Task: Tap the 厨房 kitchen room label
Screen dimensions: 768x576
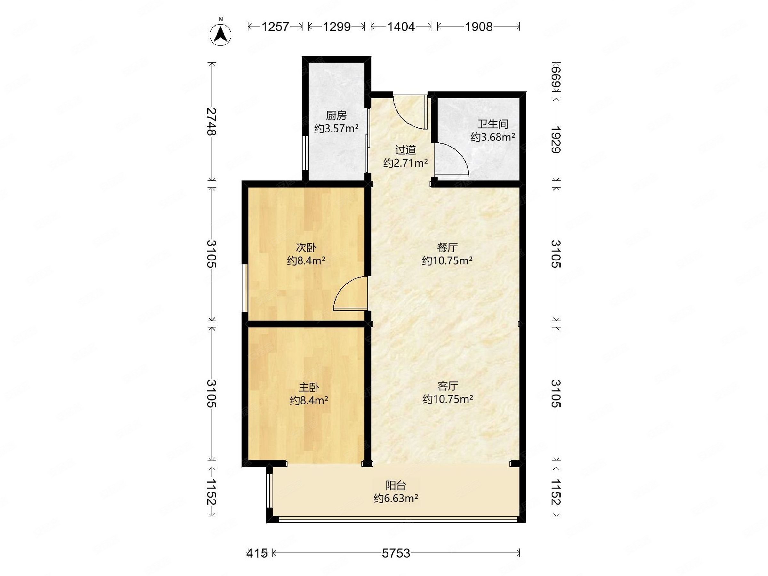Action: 336,115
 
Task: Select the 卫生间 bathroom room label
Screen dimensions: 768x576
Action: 493,124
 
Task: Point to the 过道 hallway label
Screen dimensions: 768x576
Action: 405,150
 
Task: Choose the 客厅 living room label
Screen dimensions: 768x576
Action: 448,386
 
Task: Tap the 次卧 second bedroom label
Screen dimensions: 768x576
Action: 306,248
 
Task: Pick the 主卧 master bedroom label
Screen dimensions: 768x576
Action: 309,387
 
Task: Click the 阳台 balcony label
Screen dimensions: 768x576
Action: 396,485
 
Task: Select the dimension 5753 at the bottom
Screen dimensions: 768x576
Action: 396,553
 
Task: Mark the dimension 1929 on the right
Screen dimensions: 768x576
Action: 556,140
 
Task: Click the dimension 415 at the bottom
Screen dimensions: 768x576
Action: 257,553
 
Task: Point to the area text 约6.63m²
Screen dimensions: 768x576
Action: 396,499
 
